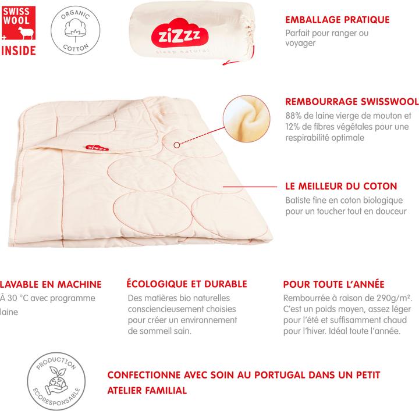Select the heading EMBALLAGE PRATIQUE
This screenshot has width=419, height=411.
coord(338,20)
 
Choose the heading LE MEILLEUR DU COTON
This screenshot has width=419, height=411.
coord(341,187)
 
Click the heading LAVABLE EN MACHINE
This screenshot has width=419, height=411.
coord(51,284)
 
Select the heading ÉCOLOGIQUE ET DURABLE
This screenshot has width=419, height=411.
coord(186,284)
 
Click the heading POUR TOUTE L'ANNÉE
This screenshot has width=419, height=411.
coord(333,284)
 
